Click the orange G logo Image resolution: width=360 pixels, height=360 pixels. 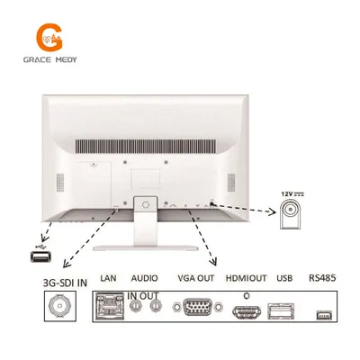point(49,37)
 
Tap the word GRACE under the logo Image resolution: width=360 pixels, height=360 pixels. point(37,59)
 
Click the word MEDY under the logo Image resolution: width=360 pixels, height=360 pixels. point(67,59)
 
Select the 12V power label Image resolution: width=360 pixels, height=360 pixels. point(292,194)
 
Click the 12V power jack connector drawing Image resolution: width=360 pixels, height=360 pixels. point(290,214)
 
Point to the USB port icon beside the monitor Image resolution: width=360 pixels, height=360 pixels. point(40,256)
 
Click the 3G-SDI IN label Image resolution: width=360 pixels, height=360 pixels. point(65,283)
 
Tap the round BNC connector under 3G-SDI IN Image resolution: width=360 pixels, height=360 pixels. point(59,306)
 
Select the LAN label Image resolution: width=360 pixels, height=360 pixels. point(108,278)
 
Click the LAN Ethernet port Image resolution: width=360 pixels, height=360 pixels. point(109,305)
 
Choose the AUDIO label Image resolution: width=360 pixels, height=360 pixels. point(144,278)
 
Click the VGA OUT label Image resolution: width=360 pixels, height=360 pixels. point(196,278)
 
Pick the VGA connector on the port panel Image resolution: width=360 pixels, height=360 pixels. point(198,307)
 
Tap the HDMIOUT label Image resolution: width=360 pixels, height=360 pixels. point(246,278)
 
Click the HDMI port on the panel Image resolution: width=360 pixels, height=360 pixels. point(247,312)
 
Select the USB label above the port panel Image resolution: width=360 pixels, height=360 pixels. point(284,278)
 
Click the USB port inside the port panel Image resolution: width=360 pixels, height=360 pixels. point(281,311)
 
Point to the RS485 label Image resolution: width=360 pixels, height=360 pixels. point(322,278)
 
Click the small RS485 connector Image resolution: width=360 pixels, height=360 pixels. point(324,315)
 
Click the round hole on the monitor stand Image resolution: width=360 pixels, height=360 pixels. point(146,205)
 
